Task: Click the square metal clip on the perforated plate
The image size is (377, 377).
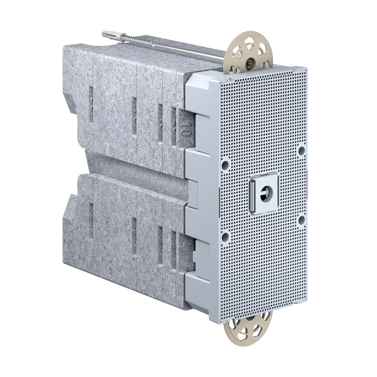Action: click(x=263, y=193)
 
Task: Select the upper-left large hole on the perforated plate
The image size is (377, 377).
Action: click(x=225, y=165)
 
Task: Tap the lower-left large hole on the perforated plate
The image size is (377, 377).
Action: click(x=225, y=236)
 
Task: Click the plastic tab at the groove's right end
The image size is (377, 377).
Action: click(x=194, y=192)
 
